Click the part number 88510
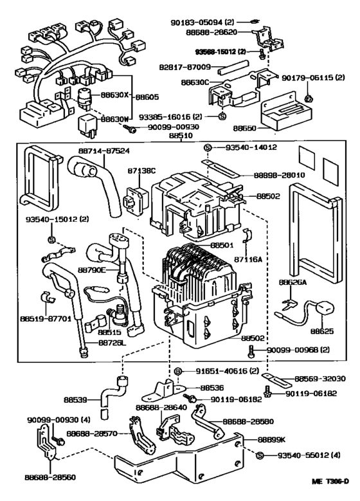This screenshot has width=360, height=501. coord(181,137)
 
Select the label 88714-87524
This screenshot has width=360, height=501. coord(104,150)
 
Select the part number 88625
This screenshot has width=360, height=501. coord(321,332)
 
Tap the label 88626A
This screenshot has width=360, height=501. coord(292,282)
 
